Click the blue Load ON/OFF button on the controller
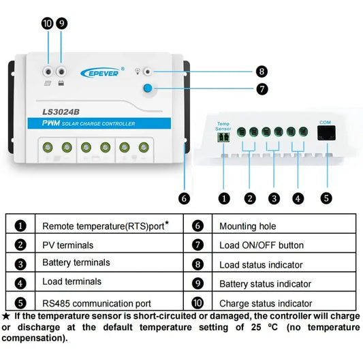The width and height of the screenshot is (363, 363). coord(148,89)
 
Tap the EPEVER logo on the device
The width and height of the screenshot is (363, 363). coord(102,73)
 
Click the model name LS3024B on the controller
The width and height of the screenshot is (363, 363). coord(61,112)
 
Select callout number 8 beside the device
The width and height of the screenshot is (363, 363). coord(262,72)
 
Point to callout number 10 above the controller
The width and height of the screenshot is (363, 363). coord(48,24)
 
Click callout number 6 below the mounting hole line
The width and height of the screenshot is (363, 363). coord(184,199)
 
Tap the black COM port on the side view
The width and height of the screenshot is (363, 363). coord(326,133)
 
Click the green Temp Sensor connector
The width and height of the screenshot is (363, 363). coord(223,137)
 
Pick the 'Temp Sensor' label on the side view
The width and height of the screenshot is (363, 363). coord(223,127)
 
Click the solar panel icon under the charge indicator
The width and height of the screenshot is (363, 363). coord(48,83)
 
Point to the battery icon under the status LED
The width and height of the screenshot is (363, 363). coord(61,83)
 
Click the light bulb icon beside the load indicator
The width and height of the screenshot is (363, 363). coord(138,71)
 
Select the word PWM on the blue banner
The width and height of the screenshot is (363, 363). coord(51,123)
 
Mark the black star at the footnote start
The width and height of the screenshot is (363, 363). coord(5,316)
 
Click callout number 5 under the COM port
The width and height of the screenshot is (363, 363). coord(326,198)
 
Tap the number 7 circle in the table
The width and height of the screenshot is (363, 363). coord(198,245)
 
